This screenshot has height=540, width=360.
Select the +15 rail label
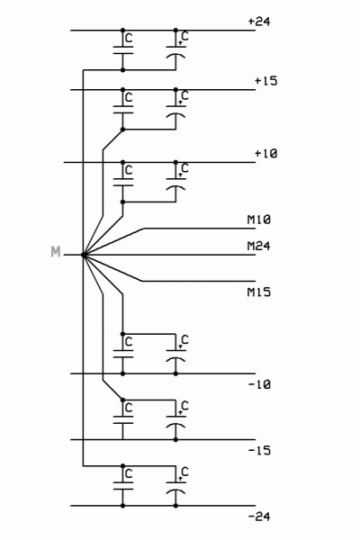265,81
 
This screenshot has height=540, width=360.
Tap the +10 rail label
265,154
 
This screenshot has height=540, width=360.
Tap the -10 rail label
258,385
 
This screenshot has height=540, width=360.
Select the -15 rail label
258,451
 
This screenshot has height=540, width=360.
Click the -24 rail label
258,517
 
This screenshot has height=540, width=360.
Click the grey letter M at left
56,255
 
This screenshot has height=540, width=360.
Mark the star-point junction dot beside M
83,255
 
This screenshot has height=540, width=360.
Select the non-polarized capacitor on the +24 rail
122,50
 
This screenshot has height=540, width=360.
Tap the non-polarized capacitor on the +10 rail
122,182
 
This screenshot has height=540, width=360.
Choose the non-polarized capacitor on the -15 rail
122,418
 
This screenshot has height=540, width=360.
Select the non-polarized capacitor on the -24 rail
122,486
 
